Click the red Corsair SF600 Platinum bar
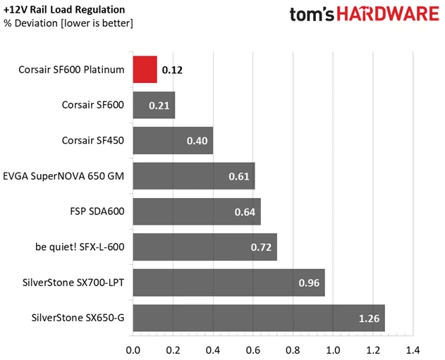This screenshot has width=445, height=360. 145,70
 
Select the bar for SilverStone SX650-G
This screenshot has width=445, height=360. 258,318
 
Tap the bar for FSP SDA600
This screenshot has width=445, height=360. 196,212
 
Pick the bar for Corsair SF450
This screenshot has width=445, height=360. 172,141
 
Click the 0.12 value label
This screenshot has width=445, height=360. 171,70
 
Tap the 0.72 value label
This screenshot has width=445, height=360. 262,248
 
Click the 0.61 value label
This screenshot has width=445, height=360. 240,177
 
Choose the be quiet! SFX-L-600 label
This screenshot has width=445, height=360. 80,247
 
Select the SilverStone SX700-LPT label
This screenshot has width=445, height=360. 73,283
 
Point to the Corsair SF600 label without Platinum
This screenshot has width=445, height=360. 93,105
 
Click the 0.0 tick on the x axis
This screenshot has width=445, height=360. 133,349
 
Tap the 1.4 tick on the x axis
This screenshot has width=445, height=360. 413,349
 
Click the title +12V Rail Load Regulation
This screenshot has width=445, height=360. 64,10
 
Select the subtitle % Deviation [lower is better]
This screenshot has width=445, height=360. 68,23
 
